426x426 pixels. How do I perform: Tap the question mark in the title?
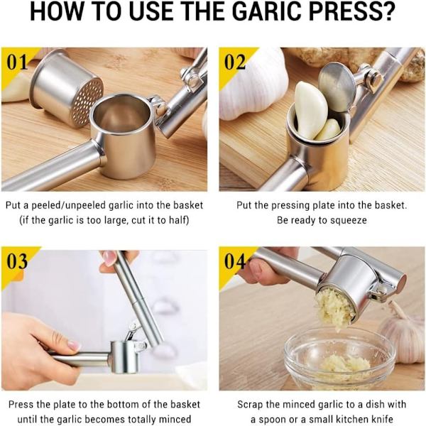click(387, 11)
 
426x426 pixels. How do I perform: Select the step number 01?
click(17, 62)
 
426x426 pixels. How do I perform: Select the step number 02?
click(235, 62)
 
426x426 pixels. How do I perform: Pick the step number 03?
click(17, 261)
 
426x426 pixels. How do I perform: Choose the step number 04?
click(235, 261)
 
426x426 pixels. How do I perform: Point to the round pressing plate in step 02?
click(337, 87)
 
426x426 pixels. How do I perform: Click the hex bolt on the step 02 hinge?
click(375, 80)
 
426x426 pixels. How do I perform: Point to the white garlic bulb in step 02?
click(250, 87)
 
